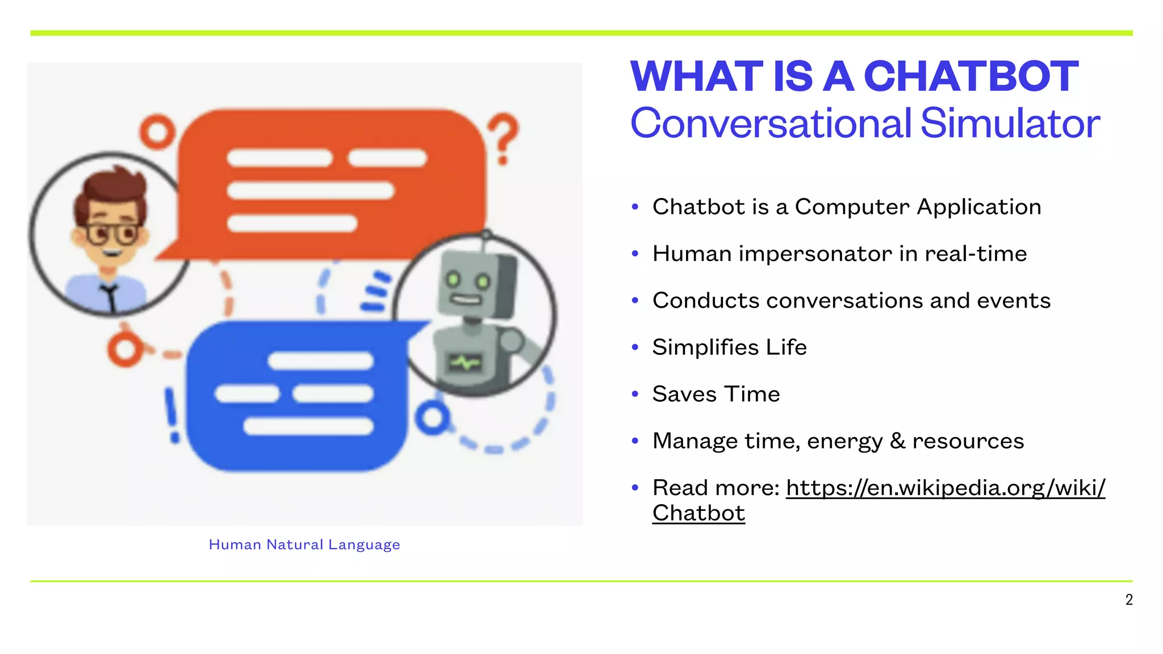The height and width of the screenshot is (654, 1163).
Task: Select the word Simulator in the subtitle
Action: click(x=1010, y=123)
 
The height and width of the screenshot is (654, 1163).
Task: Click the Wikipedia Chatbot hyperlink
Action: click(x=945, y=488)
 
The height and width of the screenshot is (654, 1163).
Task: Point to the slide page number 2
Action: click(x=1129, y=599)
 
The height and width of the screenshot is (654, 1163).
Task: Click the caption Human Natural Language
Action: click(x=304, y=544)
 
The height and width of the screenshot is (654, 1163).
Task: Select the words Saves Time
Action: click(x=716, y=394)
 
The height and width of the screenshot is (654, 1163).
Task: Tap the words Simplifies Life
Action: click(x=729, y=347)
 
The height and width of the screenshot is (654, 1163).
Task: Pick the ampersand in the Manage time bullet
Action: click(x=897, y=441)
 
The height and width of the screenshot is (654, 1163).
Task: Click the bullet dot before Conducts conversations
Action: click(x=635, y=300)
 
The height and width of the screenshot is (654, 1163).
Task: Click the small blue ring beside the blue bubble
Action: click(x=433, y=418)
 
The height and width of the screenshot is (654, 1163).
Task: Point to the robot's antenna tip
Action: click(x=486, y=234)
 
